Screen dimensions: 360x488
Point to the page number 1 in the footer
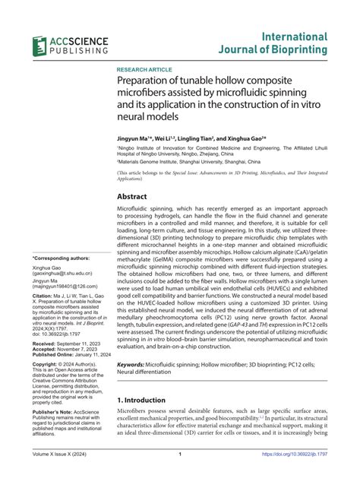(179, 477)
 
